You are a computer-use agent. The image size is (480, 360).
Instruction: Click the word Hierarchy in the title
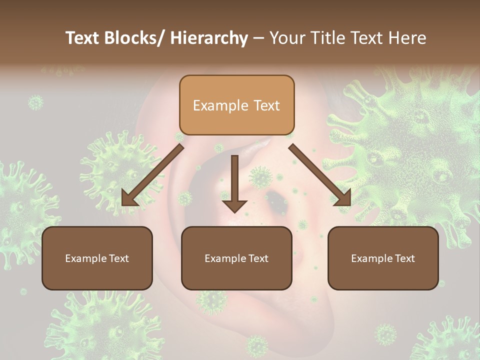209,38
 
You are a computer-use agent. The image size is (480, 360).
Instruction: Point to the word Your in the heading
287,38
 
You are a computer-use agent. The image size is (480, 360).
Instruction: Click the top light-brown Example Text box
236,105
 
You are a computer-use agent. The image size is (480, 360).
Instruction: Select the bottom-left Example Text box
97,258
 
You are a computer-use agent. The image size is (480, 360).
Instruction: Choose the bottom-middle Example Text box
236,258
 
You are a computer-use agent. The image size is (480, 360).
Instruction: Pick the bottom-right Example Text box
383,258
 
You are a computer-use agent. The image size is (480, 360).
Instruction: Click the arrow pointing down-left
152,175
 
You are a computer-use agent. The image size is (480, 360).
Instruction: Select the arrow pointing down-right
320,175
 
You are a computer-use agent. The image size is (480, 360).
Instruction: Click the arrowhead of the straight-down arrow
234,205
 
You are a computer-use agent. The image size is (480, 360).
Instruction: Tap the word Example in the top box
220,105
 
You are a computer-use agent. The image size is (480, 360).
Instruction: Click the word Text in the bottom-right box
404,258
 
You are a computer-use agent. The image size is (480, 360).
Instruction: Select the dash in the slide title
258,38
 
